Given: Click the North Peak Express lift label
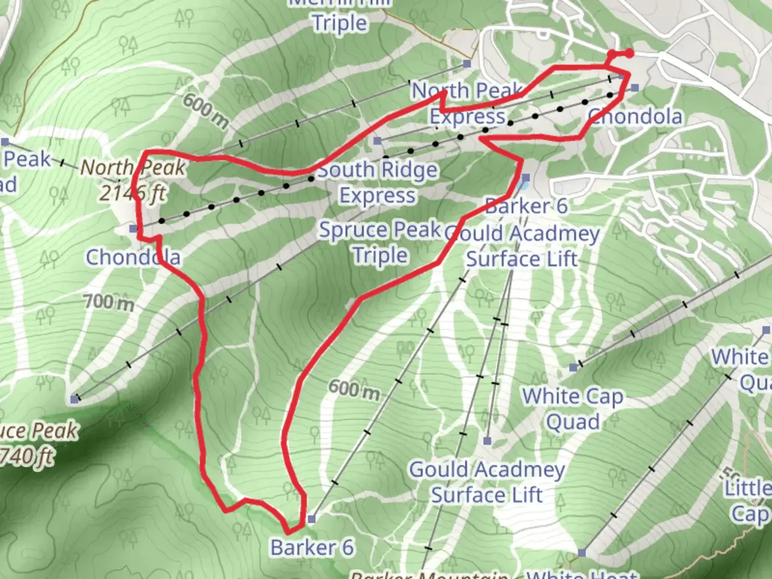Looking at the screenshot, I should coord(467,103).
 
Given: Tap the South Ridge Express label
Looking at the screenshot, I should coord(377,182).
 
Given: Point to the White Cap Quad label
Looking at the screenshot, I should coord(573,409).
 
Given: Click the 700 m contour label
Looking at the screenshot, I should coord(109,302).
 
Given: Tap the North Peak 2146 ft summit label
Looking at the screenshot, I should coord(133,180).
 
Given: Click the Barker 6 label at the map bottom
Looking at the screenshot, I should coord(311,547).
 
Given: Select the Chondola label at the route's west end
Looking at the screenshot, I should coord(133,257).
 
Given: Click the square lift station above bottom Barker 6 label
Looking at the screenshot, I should coord(311,519).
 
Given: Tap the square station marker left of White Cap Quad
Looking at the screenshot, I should coord(574,367).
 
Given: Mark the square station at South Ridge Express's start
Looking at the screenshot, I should coord(377,141).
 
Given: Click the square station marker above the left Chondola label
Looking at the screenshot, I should coord(133,229).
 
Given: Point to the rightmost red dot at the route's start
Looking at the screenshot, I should coord(629,53).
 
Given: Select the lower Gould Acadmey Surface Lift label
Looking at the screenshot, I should coord(487,482).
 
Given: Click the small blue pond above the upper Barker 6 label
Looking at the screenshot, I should coord(523,185).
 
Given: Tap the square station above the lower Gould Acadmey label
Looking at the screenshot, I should coord(487,441).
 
